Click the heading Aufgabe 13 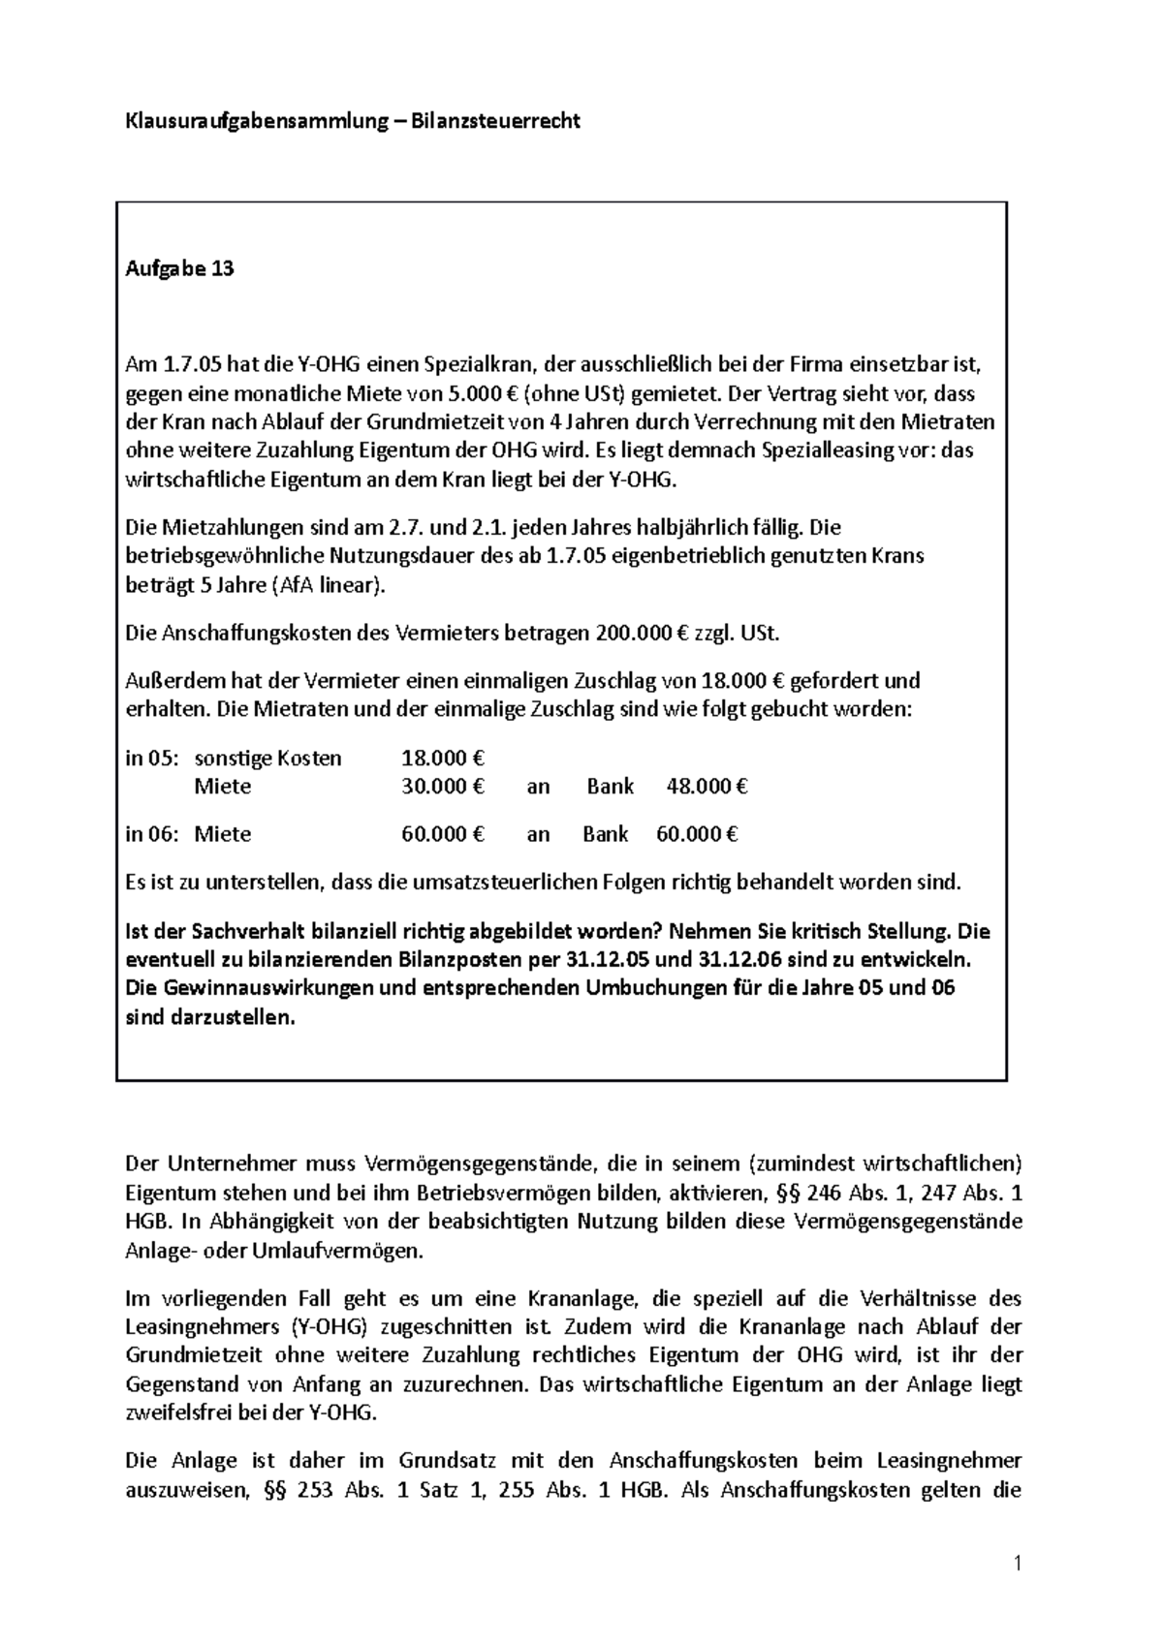180,269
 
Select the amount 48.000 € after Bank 707,786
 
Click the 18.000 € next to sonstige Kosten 442,758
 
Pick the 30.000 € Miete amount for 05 442,786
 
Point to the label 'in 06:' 153,833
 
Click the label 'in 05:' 153,758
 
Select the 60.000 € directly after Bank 697,833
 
